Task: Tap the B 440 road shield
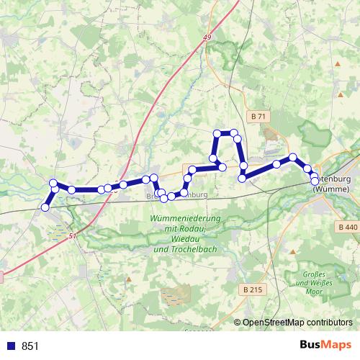click(346, 227)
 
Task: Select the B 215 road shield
click(251, 289)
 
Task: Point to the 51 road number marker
click(73, 235)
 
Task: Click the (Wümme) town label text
click(333, 188)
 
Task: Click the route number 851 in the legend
click(30, 346)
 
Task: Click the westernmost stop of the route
click(45, 207)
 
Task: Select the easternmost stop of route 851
click(315, 182)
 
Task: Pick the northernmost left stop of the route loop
click(217, 133)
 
